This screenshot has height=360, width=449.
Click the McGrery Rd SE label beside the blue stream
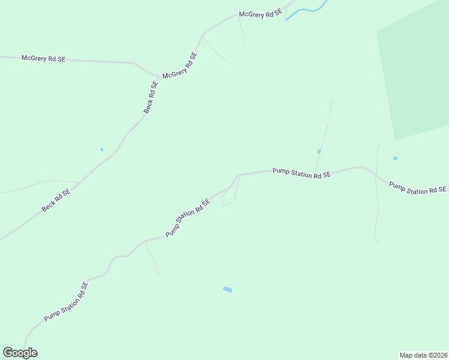[x=261, y=14]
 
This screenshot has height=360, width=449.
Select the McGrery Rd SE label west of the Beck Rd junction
[x=43, y=58]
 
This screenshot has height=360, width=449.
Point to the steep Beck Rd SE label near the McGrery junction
[x=151, y=97]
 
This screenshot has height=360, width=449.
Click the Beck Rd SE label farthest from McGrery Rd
[x=56, y=200]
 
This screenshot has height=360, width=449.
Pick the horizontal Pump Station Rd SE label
[x=301, y=173]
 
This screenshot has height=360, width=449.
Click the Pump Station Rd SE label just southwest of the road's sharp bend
[x=188, y=217]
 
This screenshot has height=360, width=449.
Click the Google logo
[x=20, y=353]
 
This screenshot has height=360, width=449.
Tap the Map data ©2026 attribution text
[x=424, y=355]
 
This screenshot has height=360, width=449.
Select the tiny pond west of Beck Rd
[x=102, y=149]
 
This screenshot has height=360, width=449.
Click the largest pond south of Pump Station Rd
[x=227, y=290]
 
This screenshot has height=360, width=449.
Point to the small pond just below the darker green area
[x=395, y=158]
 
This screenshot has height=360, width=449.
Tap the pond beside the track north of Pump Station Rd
[x=319, y=151]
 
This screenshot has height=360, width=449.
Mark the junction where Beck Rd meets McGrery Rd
[x=158, y=79]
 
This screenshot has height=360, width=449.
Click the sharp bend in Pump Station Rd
[x=238, y=175]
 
